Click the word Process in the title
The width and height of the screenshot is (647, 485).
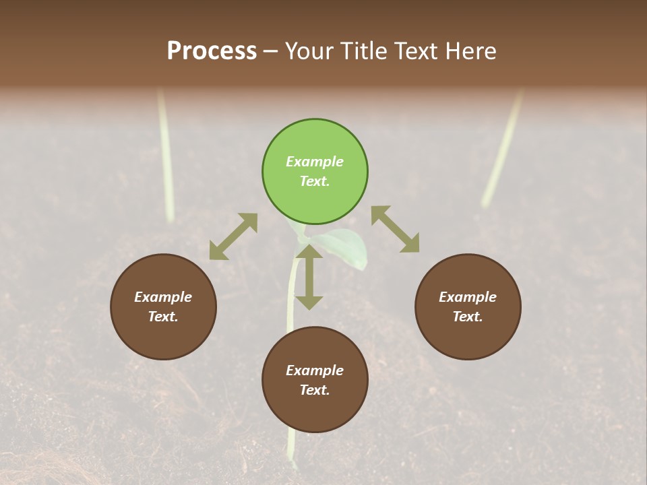tap(212, 51)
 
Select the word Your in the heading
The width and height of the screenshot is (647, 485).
tap(311, 51)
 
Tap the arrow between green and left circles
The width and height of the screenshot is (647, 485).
tap(233, 236)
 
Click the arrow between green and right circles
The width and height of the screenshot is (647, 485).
tap(396, 229)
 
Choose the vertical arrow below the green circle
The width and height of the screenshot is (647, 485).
tap(309, 277)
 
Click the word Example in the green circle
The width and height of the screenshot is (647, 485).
tap(315, 162)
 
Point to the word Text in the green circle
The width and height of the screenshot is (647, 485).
tap(314, 181)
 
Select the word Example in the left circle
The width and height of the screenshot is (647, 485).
tap(163, 297)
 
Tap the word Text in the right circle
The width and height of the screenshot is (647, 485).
tap(467, 317)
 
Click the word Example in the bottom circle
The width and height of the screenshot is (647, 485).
tap(315, 370)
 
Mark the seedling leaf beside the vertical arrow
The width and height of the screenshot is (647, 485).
tap(348, 246)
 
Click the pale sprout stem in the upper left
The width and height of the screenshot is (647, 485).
tap(166, 155)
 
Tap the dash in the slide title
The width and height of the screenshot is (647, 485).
tap(271, 51)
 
